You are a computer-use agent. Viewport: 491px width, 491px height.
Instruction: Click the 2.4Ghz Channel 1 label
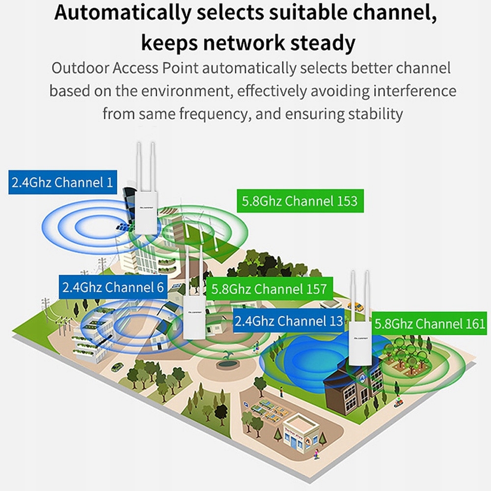(x=63, y=182)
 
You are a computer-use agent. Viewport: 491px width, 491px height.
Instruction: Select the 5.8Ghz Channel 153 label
(x=300, y=201)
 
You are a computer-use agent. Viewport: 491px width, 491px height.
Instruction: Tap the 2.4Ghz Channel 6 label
(x=113, y=287)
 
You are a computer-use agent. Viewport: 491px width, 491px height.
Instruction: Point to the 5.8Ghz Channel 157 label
(x=269, y=289)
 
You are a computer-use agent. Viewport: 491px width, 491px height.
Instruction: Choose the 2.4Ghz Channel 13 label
(x=289, y=321)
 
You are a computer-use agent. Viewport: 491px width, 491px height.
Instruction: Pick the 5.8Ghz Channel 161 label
(x=429, y=324)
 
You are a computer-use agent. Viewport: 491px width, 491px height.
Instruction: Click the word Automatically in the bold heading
(x=122, y=13)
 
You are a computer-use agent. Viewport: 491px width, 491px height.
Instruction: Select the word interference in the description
(x=414, y=91)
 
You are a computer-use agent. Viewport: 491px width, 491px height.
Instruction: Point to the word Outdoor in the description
(x=81, y=68)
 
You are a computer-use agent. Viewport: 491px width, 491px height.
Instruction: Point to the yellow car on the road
(x=360, y=306)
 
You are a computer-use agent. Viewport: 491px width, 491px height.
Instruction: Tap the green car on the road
(x=117, y=367)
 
